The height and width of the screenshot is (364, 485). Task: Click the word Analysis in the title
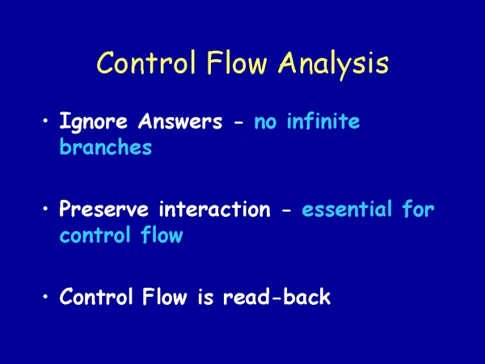[x=333, y=64]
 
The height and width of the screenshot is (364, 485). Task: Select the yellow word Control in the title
[x=146, y=62]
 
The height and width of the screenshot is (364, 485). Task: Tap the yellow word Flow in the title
[x=237, y=62]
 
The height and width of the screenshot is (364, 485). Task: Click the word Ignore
[x=93, y=121]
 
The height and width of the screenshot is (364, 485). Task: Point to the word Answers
[x=180, y=121]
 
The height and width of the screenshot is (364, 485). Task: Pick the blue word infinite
[x=323, y=121]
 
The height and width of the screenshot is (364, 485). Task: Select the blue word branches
[x=105, y=146]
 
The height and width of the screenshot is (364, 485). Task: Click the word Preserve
[x=103, y=209]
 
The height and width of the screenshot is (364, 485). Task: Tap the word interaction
[x=215, y=209]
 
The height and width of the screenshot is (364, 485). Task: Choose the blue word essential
[x=347, y=209]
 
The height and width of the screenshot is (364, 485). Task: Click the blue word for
[x=419, y=208]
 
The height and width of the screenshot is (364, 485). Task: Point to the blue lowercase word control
[x=95, y=235]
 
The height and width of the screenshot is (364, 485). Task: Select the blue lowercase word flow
[x=162, y=235]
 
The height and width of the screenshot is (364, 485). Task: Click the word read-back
[x=276, y=296]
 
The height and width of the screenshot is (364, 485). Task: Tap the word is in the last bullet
[x=205, y=296]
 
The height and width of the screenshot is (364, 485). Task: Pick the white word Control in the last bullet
[x=96, y=296]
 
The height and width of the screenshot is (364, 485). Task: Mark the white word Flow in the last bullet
[x=165, y=296]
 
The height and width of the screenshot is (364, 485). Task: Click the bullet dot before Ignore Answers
[x=46, y=121]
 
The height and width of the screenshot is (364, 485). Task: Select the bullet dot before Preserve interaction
[x=46, y=209]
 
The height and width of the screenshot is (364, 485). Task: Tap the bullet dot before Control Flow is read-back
[x=46, y=297]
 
